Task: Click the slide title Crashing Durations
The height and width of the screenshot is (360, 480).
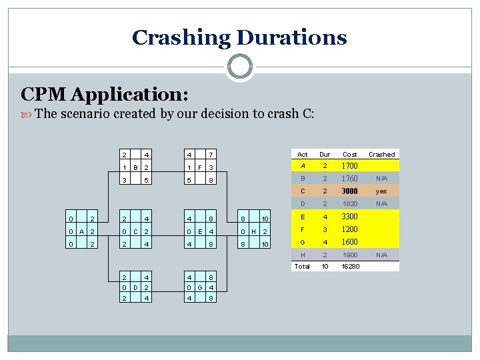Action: (x=239, y=37)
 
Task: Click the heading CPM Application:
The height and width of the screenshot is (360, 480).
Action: (x=105, y=93)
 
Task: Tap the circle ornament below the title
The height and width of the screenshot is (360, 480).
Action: (x=239, y=67)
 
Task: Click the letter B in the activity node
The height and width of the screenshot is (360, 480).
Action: (x=135, y=167)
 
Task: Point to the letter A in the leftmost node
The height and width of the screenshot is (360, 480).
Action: (x=80, y=231)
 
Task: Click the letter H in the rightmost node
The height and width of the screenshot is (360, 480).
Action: (x=254, y=231)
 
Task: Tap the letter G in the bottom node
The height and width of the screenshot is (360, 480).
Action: (x=200, y=287)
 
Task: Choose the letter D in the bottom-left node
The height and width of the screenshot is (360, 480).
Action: (x=135, y=287)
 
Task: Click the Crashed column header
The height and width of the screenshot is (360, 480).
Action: (x=382, y=154)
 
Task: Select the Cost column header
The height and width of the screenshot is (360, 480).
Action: (x=349, y=154)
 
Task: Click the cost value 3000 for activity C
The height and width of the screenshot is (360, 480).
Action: (x=350, y=191)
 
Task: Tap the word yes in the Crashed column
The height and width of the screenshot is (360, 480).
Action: (x=382, y=191)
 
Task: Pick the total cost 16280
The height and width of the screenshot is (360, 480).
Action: (x=350, y=266)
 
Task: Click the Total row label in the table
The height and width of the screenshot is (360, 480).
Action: (x=303, y=266)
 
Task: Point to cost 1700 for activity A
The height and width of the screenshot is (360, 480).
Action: (x=350, y=166)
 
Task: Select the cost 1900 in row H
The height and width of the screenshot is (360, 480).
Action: (x=350, y=255)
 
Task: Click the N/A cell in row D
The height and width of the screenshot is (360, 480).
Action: (x=382, y=204)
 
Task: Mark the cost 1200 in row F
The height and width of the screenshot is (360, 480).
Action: (x=350, y=229)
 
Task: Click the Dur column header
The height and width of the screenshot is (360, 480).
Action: (x=325, y=154)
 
